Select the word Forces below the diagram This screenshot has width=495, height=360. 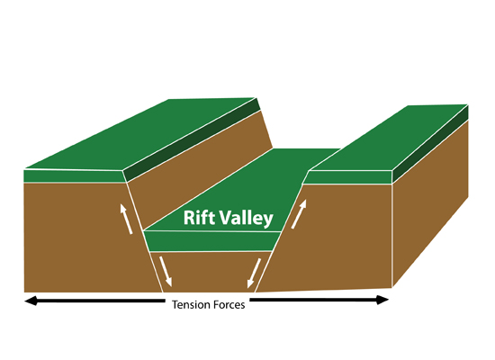tap(229, 305)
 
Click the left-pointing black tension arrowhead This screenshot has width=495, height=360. tap(31, 301)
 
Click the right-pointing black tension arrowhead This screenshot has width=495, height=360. tap(382, 300)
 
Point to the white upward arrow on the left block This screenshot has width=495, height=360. tap(126, 219)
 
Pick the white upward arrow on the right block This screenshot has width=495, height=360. tap(299, 214)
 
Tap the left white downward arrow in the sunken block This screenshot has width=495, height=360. tap(166, 272)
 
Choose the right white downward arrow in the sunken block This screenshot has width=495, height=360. tap(254, 274)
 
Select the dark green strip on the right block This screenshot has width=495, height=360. tap(430, 144)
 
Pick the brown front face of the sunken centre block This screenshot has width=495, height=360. tap(210, 272)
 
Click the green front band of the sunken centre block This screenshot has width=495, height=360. tap(212, 241)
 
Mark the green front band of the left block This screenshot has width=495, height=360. tap(75, 176)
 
